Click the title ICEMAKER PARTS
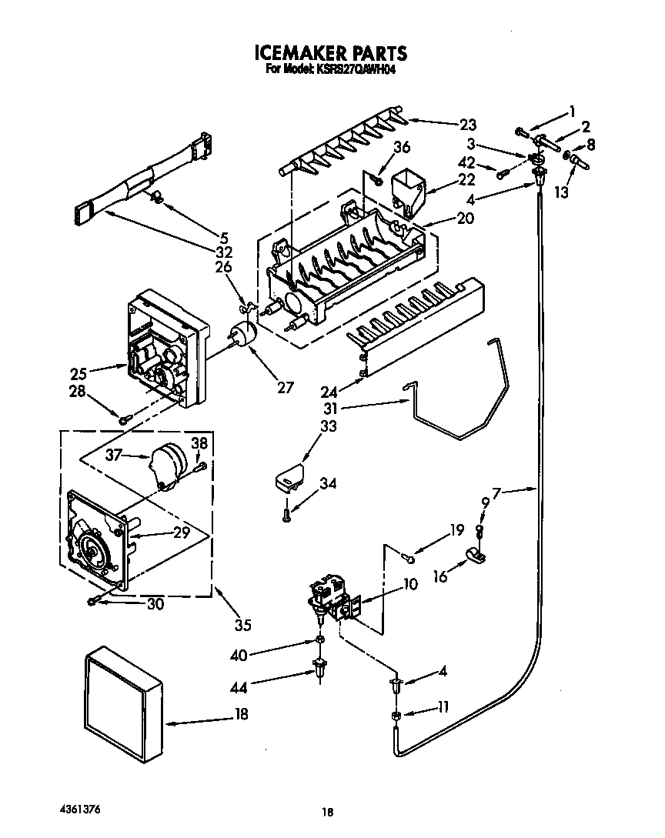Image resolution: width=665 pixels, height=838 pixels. pyautogui.click(x=330, y=53)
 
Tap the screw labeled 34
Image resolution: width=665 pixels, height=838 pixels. pyautogui.click(x=286, y=512)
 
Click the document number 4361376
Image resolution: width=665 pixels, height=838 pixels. pyautogui.click(x=80, y=810)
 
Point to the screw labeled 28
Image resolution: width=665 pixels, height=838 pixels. pyautogui.click(x=124, y=418)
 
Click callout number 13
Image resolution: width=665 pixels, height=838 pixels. pyautogui.click(x=562, y=192)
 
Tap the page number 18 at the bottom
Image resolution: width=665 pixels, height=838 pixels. pyautogui.click(x=328, y=812)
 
